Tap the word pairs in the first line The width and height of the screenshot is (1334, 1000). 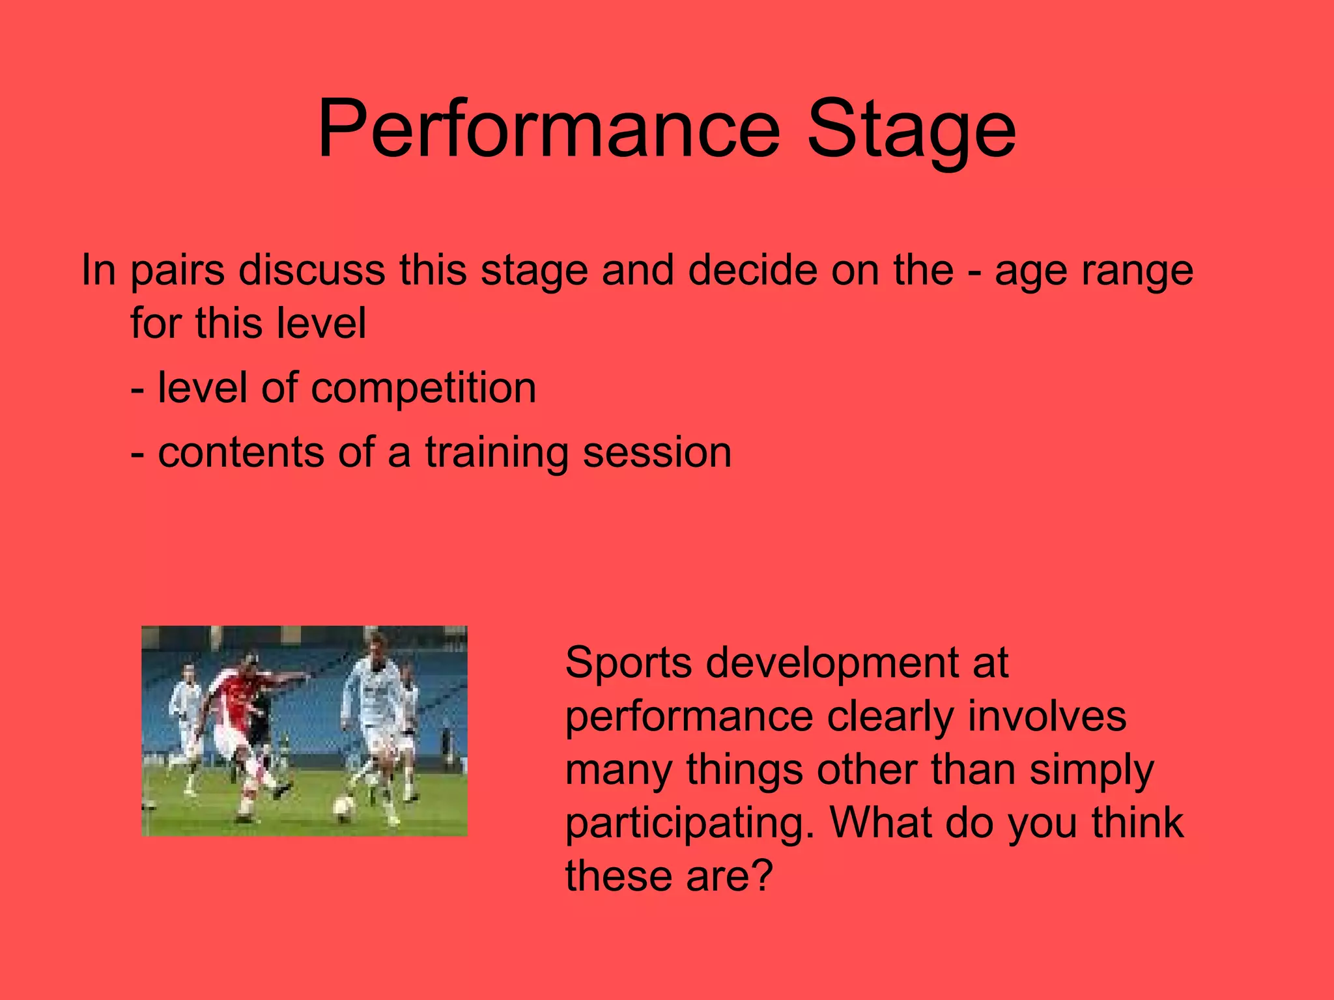pyautogui.click(x=177, y=270)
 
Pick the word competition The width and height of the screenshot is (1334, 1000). pyautogui.click(x=423, y=389)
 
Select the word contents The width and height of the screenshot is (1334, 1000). pyautogui.click(x=241, y=452)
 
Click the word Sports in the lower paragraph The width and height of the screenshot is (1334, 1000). pyautogui.click(x=629, y=663)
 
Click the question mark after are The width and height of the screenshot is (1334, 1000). pyautogui.click(x=760, y=876)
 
